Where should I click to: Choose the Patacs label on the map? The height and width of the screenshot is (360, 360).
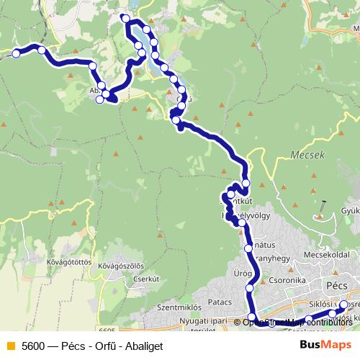pos(220,301)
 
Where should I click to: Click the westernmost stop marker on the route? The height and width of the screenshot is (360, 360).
pos(15,53)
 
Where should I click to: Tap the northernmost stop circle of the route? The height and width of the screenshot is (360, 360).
pos(125,18)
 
